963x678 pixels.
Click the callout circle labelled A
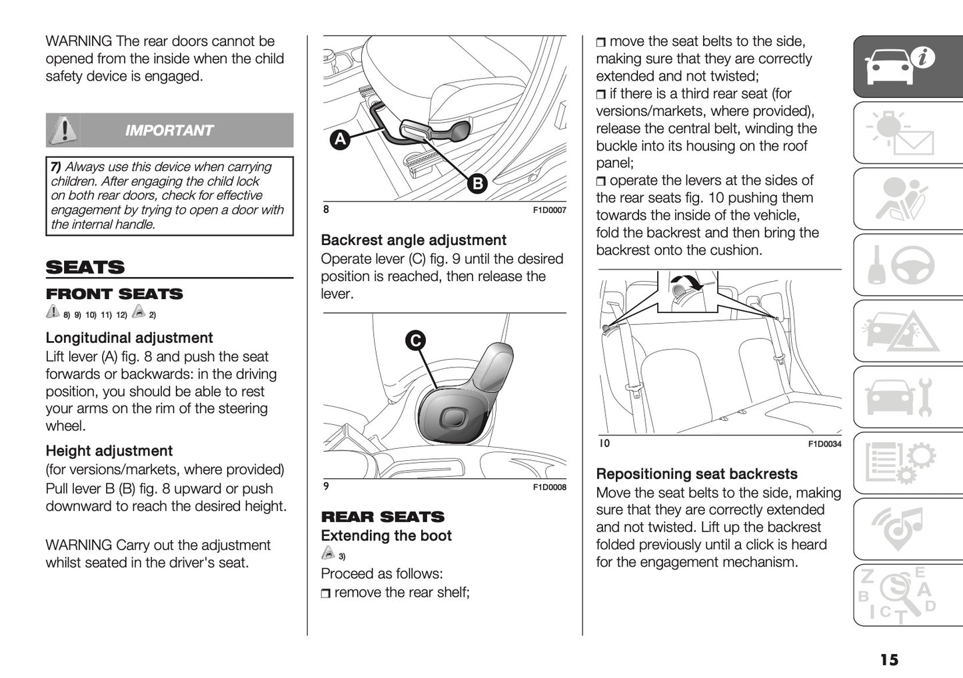(x=341, y=139)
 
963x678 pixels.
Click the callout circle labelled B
(x=477, y=183)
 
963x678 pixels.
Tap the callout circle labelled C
(x=415, y=340)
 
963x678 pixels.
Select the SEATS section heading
(x=85, y=267)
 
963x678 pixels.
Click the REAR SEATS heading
(x=383, y=517)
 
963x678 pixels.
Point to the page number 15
(x=889, y=659)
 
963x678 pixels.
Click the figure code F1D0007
(x=549, y=210)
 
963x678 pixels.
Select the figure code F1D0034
(x=824, y=444)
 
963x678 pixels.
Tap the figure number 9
(x=326, y=486)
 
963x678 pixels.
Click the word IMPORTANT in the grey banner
(x=169, y=131)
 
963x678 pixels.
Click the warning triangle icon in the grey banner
(x=64, y=129)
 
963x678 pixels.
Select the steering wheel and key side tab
(x=908, y=265)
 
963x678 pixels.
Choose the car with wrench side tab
(x=908, y=397)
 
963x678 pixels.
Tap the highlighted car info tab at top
(x=908, y=67)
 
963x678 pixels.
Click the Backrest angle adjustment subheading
(x=413, y=240)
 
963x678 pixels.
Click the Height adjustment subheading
(x=109, y=451)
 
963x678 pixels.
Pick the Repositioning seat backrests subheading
(x=696, y=474)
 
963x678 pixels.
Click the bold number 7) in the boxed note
(x=56, y=167)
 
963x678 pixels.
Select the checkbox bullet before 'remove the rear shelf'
(x=325, y=593)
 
